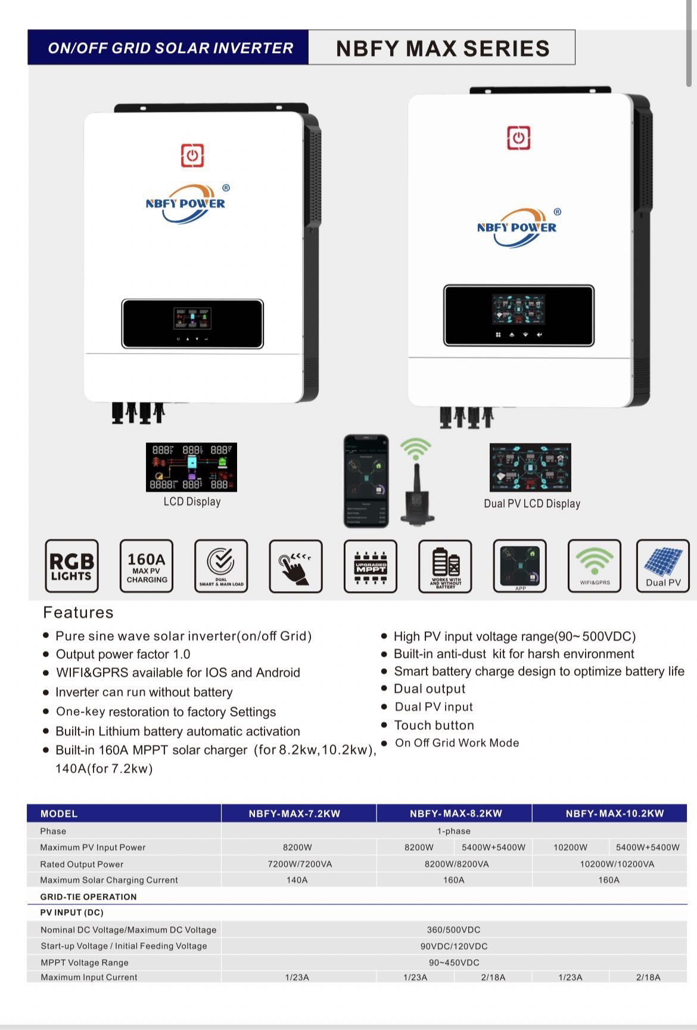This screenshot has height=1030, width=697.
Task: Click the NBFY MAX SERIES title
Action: point(442,48)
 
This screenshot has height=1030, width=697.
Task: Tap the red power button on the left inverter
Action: point(192,155)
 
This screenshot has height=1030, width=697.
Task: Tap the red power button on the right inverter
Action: point(518,138)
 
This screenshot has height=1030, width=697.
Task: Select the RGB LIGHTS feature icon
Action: point(71,566)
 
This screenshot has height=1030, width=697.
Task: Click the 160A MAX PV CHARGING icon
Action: point(147,566)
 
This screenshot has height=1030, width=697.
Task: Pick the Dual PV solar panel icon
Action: point(662,566)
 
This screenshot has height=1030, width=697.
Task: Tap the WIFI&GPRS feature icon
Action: point(594,566)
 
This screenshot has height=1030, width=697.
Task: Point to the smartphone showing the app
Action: point(366,481)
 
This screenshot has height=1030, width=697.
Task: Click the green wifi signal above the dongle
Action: point(415,448)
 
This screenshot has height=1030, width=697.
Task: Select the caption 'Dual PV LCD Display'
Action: point(532,504)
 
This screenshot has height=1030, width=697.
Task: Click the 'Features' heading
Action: point(78,613)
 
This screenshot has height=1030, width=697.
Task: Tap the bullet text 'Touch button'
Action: point(434,725)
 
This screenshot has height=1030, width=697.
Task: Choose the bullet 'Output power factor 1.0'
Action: point(123,654)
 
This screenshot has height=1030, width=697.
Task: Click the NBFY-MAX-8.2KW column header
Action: point(456,813)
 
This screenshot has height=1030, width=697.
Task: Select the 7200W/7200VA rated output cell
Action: point(300,864)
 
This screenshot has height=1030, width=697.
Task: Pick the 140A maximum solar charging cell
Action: point(297,880)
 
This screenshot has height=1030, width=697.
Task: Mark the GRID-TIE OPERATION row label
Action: point(88,897)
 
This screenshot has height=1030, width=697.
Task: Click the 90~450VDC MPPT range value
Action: point(454,963)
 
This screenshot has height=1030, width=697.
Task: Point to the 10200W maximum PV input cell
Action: point(570,847)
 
